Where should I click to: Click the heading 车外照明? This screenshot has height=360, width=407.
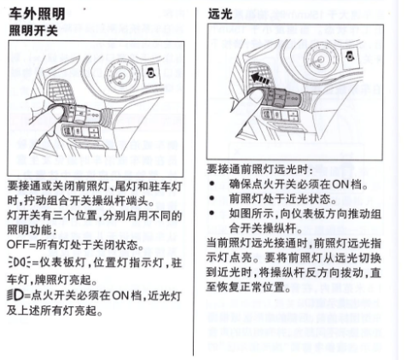[37, 14]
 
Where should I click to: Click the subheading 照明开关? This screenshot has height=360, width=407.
[33, 31]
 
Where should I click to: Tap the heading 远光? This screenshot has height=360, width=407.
[220, 14]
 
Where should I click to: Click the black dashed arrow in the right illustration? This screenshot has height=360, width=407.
[260, 78]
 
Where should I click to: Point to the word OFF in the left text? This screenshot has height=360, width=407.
[17, 245]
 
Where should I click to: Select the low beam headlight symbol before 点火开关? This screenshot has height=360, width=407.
[15, 295]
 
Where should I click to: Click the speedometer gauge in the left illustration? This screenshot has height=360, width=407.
[121, 76]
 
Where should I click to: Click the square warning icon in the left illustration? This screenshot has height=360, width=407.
[152, 73]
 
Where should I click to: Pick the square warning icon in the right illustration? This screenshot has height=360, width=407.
[350, 56]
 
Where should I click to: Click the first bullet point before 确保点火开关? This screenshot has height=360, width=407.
[212, 183]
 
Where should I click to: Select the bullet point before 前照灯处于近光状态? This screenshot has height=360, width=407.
[212, 198]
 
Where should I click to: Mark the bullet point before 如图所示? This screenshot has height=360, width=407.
[212, 212]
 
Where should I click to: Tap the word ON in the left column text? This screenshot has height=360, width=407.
[120, 296]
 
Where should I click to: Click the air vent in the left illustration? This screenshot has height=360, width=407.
[61, 91]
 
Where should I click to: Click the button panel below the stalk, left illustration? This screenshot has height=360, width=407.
[80, 131]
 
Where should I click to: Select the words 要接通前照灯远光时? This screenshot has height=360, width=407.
[259, 170]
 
